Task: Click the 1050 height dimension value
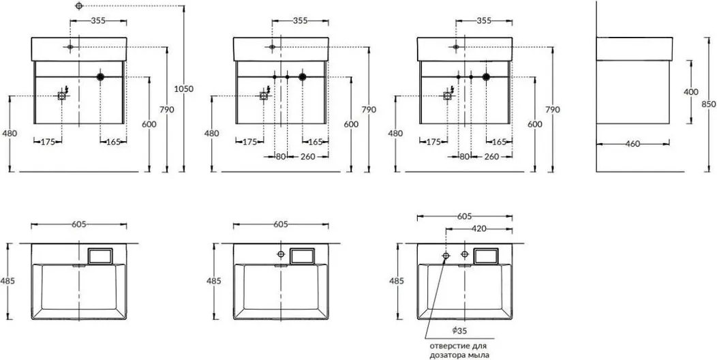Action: point(184,89)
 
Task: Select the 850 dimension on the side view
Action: point(708,104)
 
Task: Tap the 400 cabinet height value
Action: point(691,92)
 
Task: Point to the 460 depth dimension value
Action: point(632,144)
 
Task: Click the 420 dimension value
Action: point(478,228)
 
